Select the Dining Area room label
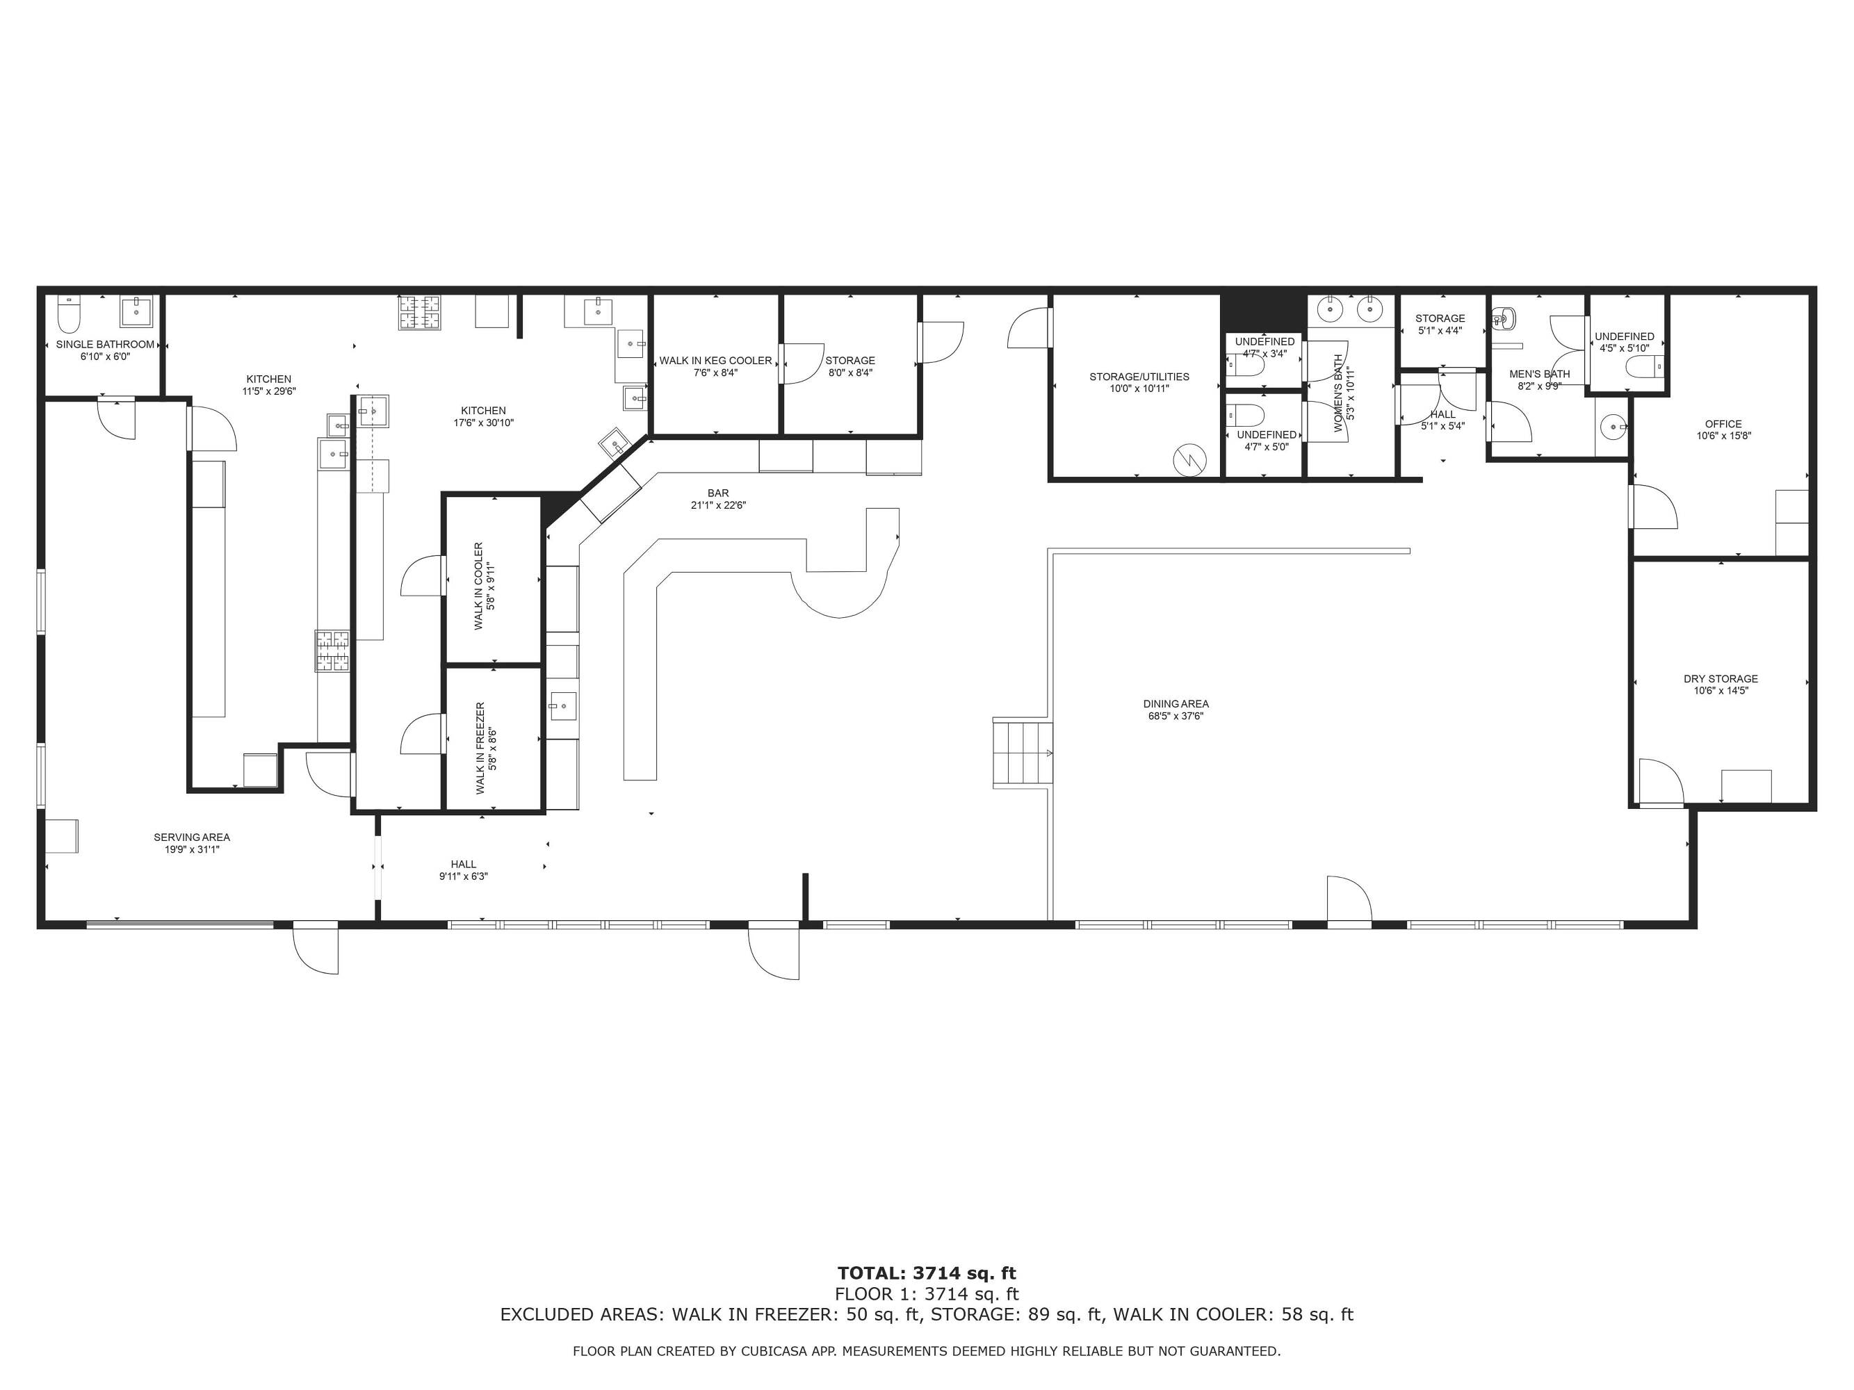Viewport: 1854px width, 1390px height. tap(1176, 704)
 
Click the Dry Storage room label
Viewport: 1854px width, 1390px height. tap(1721, 678)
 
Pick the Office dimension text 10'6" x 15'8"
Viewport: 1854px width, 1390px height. tap(1723, 436)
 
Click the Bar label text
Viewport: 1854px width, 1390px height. tap(718, 493)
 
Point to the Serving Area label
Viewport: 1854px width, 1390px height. tap(191, 837)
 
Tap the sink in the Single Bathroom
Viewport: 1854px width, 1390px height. tap(136, 311)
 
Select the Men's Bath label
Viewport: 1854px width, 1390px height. tap(1540, 375)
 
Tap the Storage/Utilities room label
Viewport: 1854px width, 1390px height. tap(1139, 377)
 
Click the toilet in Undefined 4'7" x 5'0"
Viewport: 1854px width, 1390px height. tap(1243, 416)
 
